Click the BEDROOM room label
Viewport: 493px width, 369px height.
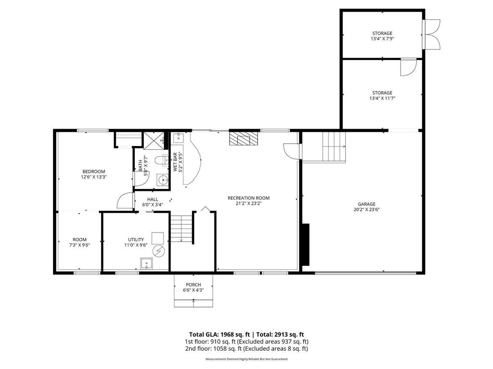coord(94,172)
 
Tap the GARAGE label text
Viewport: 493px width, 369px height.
coord(366,204)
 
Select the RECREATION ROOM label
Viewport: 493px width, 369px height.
coord(248,198)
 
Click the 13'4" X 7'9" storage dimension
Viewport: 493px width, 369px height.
coord(382,38)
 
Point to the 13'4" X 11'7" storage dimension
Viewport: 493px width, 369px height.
coord(382,98)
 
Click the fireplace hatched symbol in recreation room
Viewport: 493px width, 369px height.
coord(244,138)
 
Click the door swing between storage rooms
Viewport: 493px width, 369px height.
coord(408,67)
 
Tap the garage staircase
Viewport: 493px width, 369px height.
coord(334,147)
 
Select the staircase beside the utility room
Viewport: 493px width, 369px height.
coord(182,229)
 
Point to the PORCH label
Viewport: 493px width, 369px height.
coord(192,285)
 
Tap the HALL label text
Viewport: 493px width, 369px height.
coord(153,199)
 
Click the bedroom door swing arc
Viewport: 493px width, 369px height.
coord(124,199)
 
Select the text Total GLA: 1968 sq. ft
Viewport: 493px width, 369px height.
coord(218,334)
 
